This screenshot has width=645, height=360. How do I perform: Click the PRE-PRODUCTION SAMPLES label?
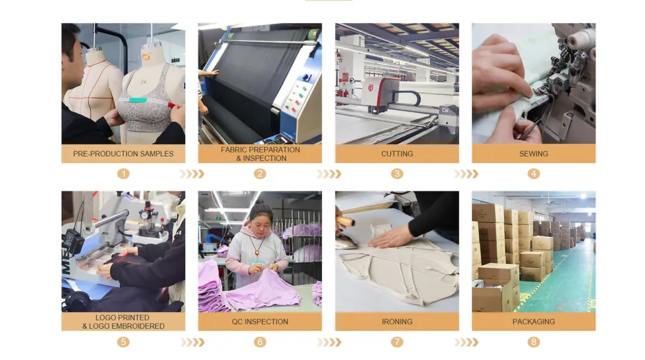(123, 154)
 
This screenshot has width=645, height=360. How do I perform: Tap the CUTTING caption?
(397, 154)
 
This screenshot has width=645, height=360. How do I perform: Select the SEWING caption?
(533, 154)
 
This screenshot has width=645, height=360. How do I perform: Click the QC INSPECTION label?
(260, 321)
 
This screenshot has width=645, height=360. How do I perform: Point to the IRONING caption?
(397, 321)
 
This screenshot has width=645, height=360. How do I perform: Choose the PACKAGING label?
(533, 321)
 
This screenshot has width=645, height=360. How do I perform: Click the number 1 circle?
(123, 174)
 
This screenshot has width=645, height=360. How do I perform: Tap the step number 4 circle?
(533, 174)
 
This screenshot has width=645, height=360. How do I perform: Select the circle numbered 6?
(260, 342)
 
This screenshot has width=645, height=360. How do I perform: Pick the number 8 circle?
(533, 342)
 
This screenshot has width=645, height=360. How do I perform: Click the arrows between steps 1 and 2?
(192, 174)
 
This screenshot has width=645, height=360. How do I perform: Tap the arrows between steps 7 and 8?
(466, 342)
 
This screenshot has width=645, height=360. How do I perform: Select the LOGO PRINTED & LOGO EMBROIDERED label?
(123, 321)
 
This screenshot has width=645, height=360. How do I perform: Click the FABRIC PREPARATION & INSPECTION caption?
(260, 154)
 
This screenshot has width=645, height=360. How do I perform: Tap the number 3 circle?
(397, 174)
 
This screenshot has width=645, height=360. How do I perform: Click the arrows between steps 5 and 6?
(192, 342)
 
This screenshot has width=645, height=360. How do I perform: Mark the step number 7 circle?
(397, 342)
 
